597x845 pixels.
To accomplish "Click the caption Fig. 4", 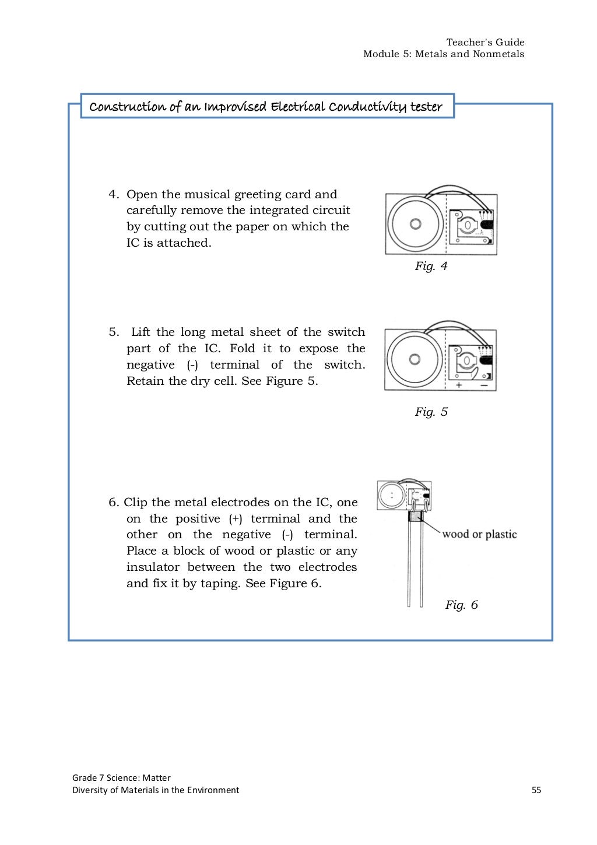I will point(431,267).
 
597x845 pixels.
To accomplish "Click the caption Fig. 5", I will point(431,412).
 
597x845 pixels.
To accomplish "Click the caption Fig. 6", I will point(461,605).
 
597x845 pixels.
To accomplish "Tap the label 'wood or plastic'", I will point(479,534).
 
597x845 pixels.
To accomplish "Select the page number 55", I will point(536,790).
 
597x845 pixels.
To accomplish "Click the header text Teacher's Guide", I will point(485,42).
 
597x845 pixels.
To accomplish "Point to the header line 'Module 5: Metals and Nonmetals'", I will point(444,54).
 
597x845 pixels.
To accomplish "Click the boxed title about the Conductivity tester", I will point(266,107).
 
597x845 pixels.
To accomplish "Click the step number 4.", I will point(114,194).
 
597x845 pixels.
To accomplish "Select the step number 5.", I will point(114,332).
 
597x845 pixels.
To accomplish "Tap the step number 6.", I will point(114,503).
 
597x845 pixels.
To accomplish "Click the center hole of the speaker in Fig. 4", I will point(415,223).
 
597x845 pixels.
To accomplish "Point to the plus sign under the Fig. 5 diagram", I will point(459,385).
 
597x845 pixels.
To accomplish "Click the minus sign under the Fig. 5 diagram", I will point(484,385).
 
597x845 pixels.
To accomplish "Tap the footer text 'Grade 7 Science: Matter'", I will point(121,777).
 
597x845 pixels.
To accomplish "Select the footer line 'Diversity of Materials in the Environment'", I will point(156,790).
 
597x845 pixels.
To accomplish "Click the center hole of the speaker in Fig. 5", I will point(415,359).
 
